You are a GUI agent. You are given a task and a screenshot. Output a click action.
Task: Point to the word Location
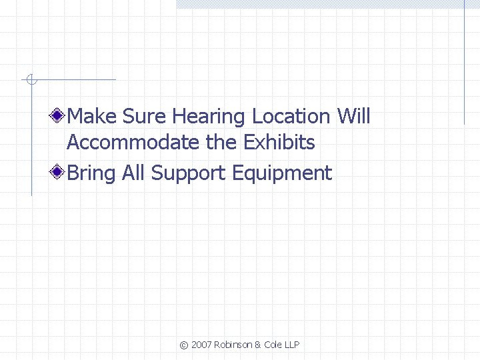click(291, 117)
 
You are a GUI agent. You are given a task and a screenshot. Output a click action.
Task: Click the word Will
click(353, 117)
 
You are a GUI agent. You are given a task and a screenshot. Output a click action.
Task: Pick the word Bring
click(92, 174)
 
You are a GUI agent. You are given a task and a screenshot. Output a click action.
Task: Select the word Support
click(189, 174)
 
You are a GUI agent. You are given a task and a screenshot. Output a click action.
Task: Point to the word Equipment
click(281, 174)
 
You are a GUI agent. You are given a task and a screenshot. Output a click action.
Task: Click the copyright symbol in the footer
click(184, 345)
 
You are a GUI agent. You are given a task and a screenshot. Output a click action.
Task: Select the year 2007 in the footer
click(202, 345)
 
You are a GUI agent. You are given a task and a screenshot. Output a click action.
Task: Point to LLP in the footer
click(292, 345)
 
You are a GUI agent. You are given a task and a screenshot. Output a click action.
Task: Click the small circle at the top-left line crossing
click(31, 81)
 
